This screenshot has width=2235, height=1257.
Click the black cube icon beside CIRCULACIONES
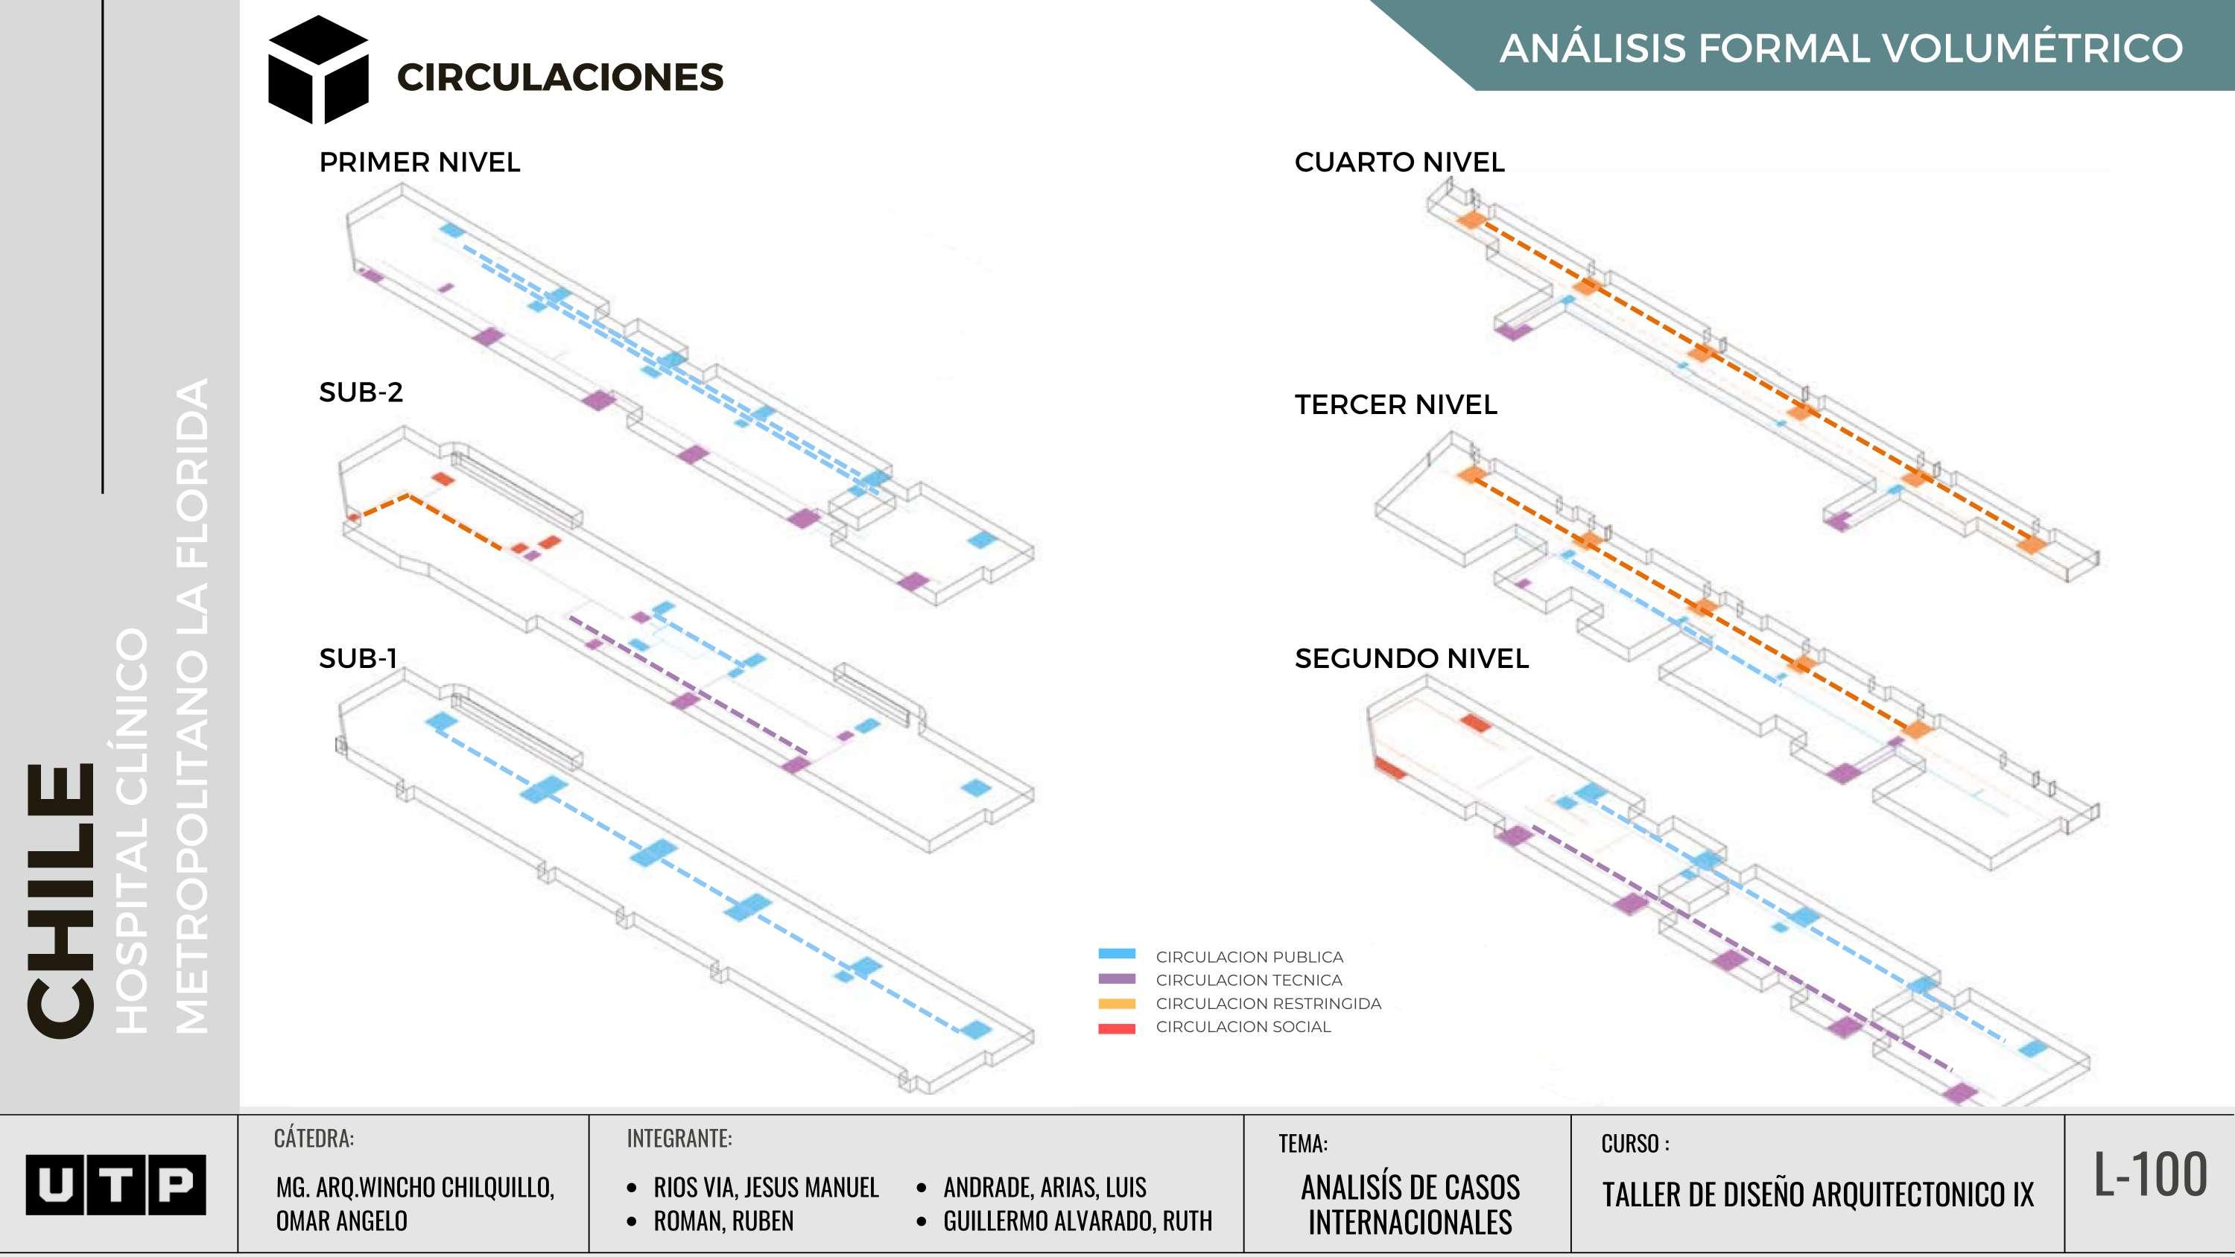(x=317, y=70)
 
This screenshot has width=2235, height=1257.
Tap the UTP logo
(x=115, y=1184)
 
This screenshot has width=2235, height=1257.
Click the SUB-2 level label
(x=361, y=392)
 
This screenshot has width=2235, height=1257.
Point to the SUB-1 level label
(x=358, y=658)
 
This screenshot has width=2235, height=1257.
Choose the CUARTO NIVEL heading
(x=1398, y=162)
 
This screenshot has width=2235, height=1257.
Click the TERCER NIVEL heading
(x=1395, y=404)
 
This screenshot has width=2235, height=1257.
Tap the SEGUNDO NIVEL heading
(x=1411, y=658)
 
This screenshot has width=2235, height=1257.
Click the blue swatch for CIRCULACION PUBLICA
(x=1117, y=954)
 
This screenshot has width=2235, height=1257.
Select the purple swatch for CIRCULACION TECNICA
(x=1117, y=978)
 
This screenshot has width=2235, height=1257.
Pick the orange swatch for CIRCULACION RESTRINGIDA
(x=1117, y=1004)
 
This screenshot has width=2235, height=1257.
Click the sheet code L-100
(x=2150, y=1175)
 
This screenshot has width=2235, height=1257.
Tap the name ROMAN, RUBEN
(x=723, y=1221)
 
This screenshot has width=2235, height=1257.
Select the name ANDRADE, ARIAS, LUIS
(x=1044, y=1187)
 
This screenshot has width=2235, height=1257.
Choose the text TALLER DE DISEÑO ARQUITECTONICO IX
(x=1817, y=1195)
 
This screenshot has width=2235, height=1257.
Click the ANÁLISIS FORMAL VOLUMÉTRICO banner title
(x=1840, y=48)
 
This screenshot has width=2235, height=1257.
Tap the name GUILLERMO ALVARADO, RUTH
(x=1077, y=1221)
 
